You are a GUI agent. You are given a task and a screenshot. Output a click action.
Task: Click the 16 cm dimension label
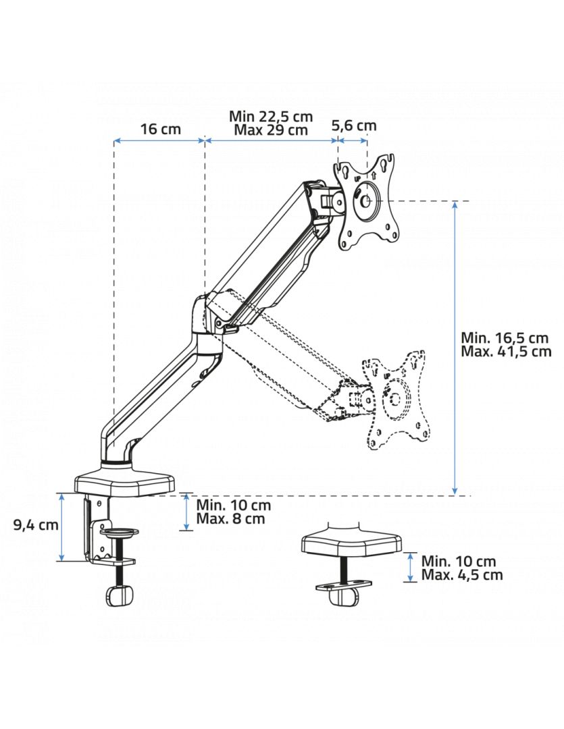[x=160, y=129]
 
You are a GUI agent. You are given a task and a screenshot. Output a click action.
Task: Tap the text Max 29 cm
[x=270, y=130]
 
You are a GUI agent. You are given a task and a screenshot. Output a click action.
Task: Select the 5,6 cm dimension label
[x=354, y=125]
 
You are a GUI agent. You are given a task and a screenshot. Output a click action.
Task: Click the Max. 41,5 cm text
[x=506, y=351]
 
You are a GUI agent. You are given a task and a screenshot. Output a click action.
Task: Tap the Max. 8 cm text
[x=230, y=518]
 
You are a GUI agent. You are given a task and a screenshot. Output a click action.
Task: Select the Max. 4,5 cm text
[x=462, y=574]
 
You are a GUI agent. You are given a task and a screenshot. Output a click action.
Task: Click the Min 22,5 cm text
[x=271, y=116]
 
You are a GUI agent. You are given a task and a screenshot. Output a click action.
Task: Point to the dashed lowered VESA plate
[x=396, y=399]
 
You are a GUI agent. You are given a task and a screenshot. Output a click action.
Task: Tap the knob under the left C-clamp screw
[x=118, y=596]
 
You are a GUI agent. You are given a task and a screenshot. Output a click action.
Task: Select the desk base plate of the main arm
[x=125, y=481]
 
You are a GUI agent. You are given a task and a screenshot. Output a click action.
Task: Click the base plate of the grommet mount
[x=351, y=543]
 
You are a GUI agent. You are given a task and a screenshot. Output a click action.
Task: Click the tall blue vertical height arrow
[x=456, y=348]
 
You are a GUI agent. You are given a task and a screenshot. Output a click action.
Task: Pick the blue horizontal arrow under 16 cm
[x=159, y=140]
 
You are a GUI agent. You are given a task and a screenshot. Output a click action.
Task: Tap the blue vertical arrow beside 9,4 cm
[x=61, y=527]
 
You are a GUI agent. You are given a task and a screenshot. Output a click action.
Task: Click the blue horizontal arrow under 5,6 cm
[x=353, y=140]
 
